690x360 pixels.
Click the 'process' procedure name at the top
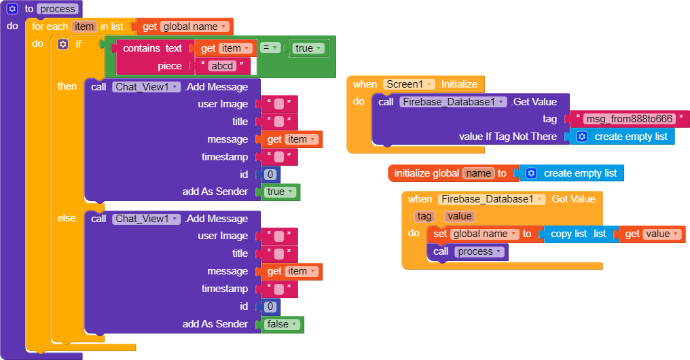point(58,10)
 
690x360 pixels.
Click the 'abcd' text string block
point(223,66)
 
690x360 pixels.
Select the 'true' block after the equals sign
point(308,48)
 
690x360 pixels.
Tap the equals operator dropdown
point(270,48)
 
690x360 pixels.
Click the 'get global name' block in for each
point(185,26)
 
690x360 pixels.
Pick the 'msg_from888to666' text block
point(629,119)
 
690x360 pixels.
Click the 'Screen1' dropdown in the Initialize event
point(409,84)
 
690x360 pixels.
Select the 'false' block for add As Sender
point(282,324)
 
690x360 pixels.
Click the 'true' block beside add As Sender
point(280,192)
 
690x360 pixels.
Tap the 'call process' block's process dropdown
point(479,251)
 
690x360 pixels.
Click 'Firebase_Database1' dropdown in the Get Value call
point(453,102)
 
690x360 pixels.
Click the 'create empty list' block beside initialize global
point(572,173)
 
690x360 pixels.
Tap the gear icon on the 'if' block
point(63,44)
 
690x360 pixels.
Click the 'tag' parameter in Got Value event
point(424,216)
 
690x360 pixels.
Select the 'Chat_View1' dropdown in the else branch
point(147,219)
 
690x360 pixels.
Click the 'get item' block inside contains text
point(225,48)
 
